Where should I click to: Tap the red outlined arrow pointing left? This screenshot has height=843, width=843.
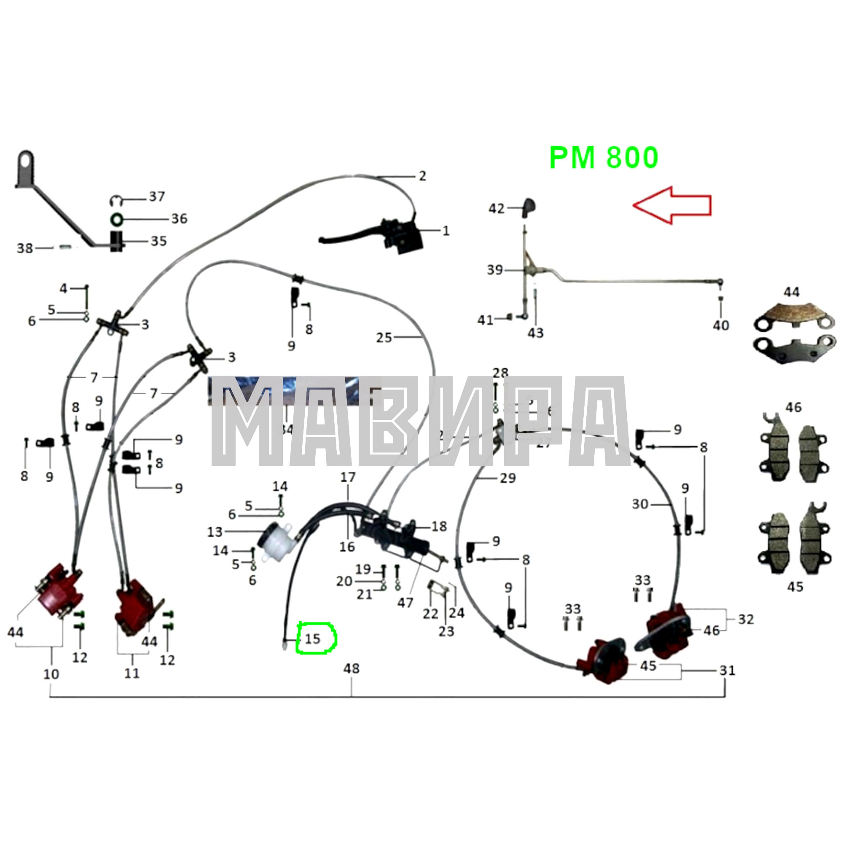[672, 205]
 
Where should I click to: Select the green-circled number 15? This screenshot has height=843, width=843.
[313, 639]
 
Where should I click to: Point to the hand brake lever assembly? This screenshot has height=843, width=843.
[384, 234]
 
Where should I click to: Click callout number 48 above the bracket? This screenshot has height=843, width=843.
[351, 668]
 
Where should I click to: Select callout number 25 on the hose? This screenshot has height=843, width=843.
[384, 337]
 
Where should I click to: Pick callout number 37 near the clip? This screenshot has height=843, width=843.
[157, 197]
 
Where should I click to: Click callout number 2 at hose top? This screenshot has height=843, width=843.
[422, 176]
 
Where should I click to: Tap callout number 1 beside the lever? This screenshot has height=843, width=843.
[446, 231]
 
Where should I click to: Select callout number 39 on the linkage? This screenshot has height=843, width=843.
[495, 270]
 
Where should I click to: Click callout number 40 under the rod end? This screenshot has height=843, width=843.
[720, 325]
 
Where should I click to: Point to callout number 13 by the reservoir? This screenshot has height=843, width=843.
[215, 532]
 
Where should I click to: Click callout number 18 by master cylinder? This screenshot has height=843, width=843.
[439, 526]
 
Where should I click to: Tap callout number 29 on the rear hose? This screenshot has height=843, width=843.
[507, 478]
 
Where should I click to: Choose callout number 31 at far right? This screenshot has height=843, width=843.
[727, 670]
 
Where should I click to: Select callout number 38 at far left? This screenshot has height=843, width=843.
[24, 248]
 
